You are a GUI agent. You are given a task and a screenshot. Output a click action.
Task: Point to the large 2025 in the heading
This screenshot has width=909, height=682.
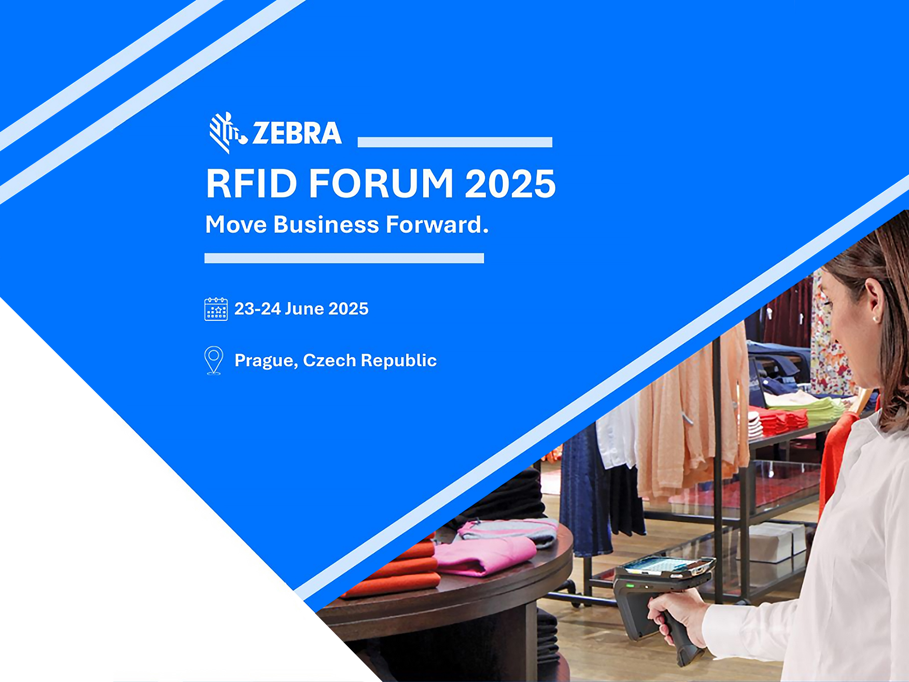pos(510,183)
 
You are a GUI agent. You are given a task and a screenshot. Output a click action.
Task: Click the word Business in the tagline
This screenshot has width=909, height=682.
pos(326,225)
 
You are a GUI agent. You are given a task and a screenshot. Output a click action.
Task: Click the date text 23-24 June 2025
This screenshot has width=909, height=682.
pos(301,309)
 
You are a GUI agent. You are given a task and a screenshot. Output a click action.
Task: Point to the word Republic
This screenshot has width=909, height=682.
pos(399,360)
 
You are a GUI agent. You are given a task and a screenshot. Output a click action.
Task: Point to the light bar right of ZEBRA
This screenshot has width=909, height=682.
pos(455,142)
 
